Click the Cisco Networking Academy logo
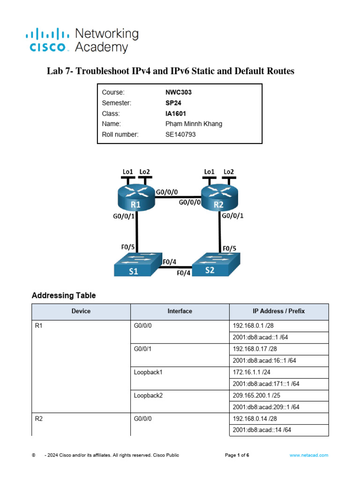82,40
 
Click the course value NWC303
175,92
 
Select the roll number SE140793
177,135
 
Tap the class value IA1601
172,113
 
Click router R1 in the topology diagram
136,197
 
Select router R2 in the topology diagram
219,197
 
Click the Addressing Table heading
64,296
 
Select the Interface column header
180,311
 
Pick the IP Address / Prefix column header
278,311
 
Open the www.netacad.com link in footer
308,455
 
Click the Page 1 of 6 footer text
237,455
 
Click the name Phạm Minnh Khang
190,124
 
